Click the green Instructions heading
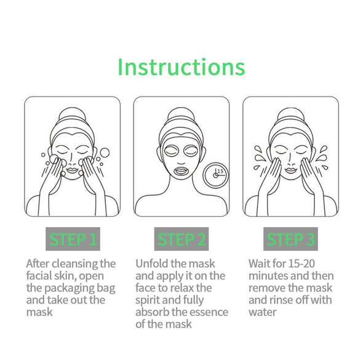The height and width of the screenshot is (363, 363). [181, 66]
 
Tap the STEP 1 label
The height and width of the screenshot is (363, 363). [72, 239]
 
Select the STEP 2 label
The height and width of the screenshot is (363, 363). [181, 239]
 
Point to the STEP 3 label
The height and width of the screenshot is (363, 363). [290, 239]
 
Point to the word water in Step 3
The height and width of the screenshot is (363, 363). [263, 312]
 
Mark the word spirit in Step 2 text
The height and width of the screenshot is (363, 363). [150, 300]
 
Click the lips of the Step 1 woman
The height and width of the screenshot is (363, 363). [72, 167]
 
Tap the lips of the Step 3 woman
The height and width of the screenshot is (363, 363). [290, 167]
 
